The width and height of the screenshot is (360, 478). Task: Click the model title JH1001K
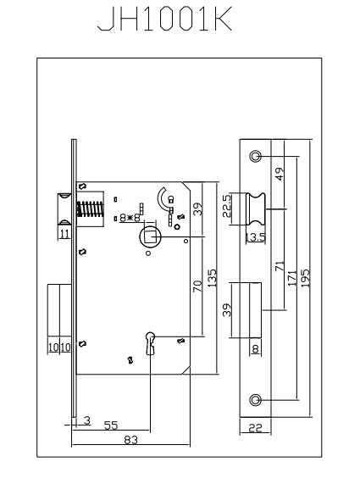pos(165,19)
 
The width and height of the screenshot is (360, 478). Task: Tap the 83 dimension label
pos(131,440)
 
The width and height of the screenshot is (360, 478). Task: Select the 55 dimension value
pos(111,425)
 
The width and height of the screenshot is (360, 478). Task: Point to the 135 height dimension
pos(212,278)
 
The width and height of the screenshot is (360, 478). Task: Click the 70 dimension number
pos(197,286)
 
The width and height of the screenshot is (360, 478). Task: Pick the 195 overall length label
pos(305,278)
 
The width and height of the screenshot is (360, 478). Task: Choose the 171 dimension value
pos(291,278)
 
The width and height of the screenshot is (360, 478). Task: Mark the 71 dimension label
pos(280,266)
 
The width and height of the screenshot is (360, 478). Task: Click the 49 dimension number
pos(280,174)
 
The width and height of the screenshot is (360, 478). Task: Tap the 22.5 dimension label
pos(227,206)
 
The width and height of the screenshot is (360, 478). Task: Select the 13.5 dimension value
pos(256,236)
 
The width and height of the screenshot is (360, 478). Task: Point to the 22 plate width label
pos(255,428)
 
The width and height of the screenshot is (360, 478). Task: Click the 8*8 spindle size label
pos(130,218)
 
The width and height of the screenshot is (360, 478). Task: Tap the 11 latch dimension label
pos(65,234)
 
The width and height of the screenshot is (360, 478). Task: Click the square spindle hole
pos(150,236)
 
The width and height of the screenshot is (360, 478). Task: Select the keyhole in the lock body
pos(151,343)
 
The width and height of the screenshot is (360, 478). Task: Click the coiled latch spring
pos(91,208)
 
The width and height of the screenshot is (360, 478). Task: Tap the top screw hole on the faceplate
pos(255,157)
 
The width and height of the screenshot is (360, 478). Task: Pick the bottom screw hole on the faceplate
pos(255,400)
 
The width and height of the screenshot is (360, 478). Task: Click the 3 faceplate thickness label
pos(87,420)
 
